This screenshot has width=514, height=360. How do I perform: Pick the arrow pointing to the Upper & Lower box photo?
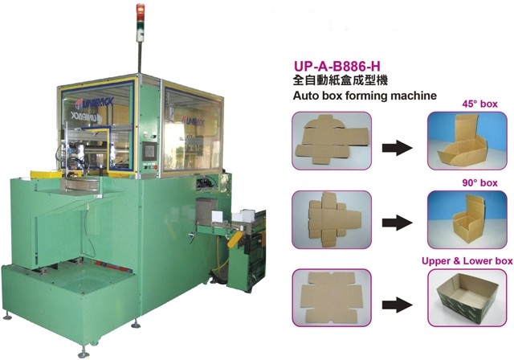[x=399, y=305]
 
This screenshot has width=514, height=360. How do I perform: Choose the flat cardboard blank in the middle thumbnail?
[x=331, y=217]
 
